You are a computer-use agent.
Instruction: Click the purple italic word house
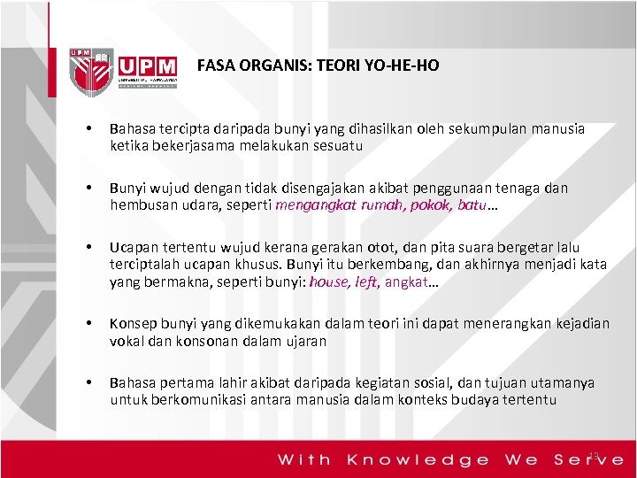coord(329,281)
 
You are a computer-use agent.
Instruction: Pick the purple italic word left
coord(367,281)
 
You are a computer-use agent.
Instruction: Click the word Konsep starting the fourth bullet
coord(133,324)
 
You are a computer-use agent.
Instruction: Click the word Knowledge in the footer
coord(418,459)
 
